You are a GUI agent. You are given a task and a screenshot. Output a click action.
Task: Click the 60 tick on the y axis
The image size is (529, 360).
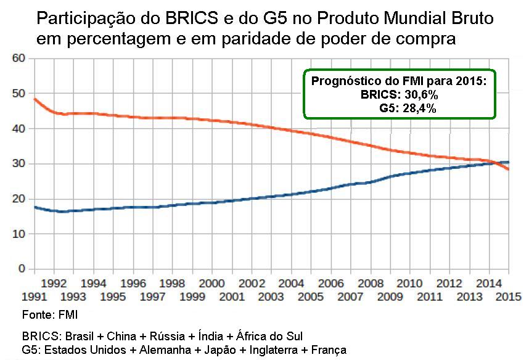point(18,59)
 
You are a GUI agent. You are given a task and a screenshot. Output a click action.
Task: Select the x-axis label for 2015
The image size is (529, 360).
point(509,297)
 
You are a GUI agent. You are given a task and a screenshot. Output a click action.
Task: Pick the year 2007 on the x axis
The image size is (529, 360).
point(351,297)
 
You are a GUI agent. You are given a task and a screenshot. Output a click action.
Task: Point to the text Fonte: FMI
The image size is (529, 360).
point(46,316)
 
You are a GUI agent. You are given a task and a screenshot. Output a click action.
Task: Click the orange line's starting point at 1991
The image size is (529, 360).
point(35,99)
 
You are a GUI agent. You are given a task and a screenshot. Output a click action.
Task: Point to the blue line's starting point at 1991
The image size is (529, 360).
point(35,207)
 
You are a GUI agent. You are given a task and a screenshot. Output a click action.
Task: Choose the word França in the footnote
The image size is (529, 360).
point(330,350)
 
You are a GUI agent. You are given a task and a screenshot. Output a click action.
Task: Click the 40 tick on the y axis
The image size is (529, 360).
point(18,129)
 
